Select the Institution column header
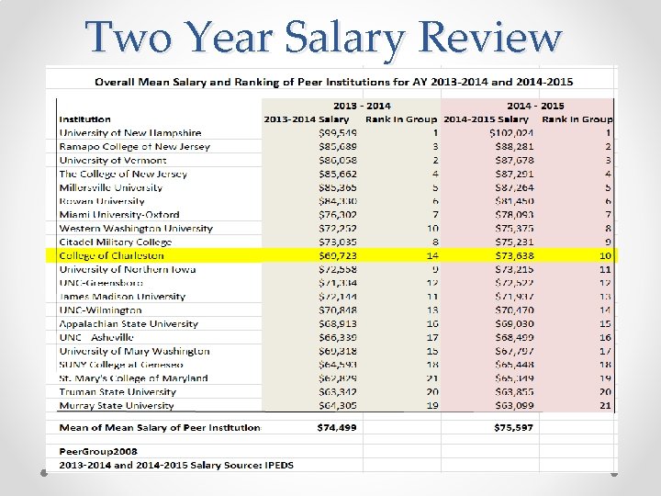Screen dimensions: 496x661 point(84,119)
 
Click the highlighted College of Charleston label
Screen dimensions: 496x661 point(111,255)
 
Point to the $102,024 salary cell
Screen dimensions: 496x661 point(505,133)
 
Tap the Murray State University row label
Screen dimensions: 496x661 point(116,405)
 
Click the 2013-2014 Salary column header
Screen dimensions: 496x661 point(307,119)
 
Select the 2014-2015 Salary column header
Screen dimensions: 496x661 point(487,119)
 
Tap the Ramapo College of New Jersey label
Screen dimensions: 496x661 point(134,147)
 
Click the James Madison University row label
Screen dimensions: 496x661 point(122,297)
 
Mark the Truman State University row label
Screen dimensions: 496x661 point(116,391)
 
